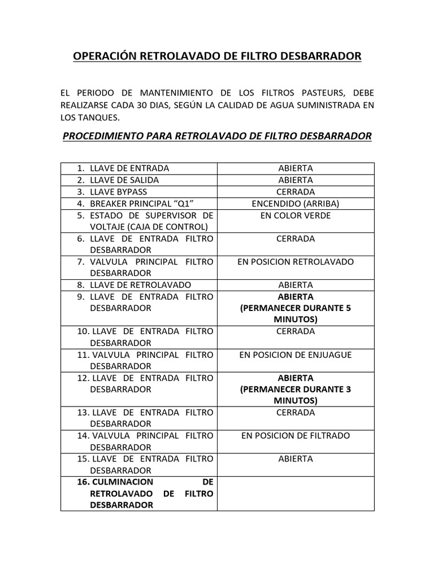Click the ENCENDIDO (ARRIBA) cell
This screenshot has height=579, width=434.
point(296,204)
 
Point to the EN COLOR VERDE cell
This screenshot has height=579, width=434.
point(296,215)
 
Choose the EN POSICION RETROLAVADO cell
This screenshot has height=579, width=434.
point(296,262)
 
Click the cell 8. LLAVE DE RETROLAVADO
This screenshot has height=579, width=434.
point(140,285)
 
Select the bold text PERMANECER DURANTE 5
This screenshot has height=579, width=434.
point(296,308)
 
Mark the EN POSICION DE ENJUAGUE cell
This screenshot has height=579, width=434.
point(296,355)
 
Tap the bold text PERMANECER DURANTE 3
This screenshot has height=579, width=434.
point(296,390)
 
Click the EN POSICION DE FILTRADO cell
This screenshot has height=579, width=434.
point(296,435)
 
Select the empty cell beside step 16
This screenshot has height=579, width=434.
point(296,494)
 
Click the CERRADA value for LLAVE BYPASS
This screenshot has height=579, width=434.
point(296,192)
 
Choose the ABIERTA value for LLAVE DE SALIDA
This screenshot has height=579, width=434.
point(296,180)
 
